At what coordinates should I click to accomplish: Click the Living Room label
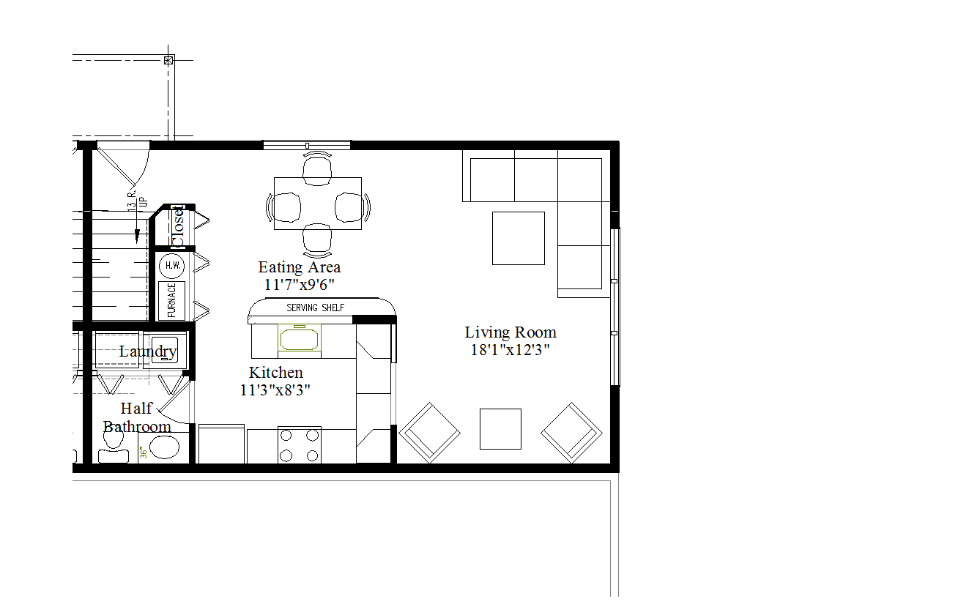coord(510,332)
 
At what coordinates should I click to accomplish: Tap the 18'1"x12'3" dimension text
coord(510,350)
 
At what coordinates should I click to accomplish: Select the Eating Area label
coord(299,267)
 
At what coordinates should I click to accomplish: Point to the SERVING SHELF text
coord(315,308)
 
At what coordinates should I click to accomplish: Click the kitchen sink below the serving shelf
coord(300,339)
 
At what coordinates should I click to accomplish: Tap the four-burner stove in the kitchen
coord(300,444)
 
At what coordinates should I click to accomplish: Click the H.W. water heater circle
coord(173,265)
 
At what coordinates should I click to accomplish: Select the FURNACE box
coord(173,300)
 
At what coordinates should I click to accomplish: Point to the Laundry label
coord(148,351)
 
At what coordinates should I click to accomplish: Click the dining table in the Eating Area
coord(317,204)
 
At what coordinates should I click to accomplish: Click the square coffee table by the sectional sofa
coord(518,238)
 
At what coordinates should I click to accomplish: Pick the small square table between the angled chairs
coord(500,429)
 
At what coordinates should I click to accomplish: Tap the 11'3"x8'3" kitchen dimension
coord(275,390)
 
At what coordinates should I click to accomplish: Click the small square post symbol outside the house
coord(169,60)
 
